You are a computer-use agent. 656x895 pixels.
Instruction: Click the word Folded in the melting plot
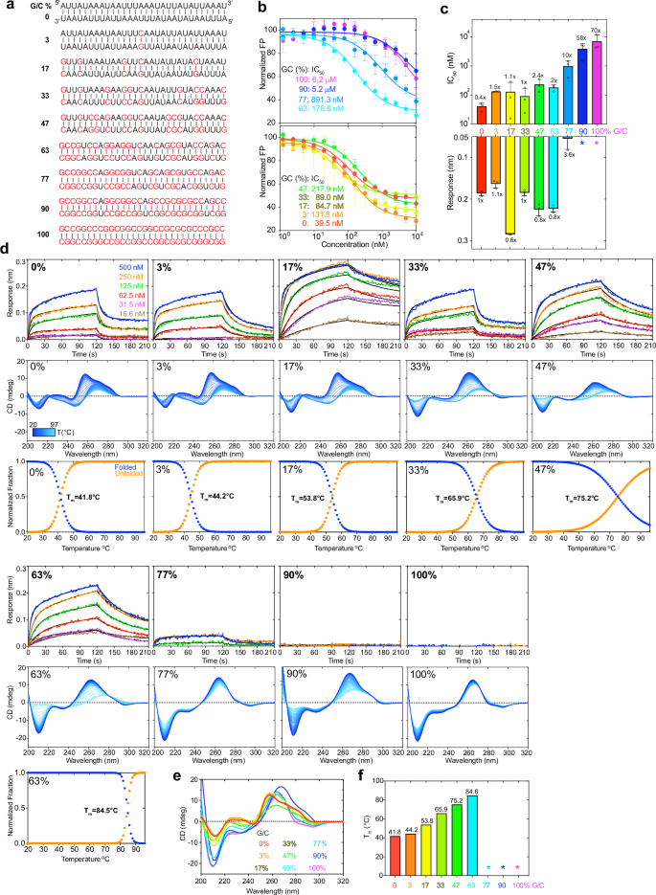pyautogui.click(x=108, y=465)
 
